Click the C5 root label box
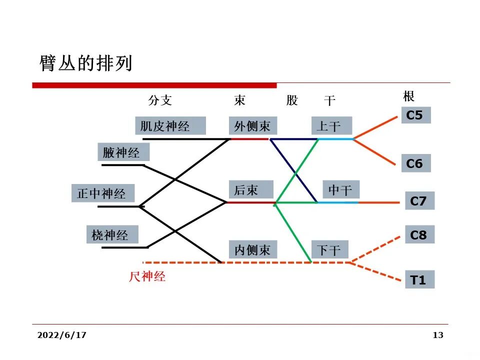[415, 115]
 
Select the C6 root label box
[415, 163]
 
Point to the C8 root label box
[419, 234]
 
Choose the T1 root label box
[419, 280]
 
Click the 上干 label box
[331, 125]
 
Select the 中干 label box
[340, 189]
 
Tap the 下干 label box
[330, 249]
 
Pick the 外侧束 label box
[252, 125]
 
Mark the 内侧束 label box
[252, 249]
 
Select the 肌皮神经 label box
[170, 125]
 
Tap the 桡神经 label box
[110, 234]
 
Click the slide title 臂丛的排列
[85, 63]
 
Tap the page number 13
[438, 335]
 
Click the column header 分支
[160, 100]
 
